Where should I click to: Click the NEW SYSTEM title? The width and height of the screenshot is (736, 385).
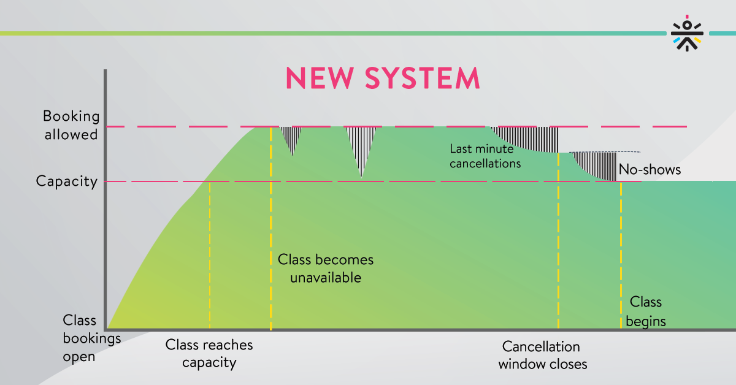(383, 78)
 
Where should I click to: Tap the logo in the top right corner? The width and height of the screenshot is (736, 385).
(687, 33)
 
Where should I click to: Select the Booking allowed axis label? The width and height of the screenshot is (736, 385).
(71, 126)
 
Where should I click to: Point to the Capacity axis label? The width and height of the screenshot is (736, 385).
(67, 181)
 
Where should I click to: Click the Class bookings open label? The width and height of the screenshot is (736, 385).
(91, 338)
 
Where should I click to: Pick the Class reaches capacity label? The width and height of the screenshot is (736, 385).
(209, 354)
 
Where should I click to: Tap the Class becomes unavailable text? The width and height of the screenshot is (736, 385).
(326, 269)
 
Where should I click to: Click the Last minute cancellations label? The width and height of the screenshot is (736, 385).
(485, 156)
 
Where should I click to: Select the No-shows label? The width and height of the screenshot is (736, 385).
(650, 169)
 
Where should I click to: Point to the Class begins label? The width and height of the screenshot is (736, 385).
(646, 311)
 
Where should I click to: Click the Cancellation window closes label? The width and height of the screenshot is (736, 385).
(542, 356)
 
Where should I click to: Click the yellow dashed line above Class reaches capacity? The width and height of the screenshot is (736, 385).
(210, 255)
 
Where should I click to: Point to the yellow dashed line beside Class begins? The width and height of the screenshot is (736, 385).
(621, 255)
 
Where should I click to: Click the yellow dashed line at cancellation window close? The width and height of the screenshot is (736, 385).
(558, 240)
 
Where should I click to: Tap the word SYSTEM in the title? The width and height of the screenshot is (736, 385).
(423, 78)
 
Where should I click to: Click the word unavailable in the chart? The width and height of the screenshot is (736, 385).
(326, 278)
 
